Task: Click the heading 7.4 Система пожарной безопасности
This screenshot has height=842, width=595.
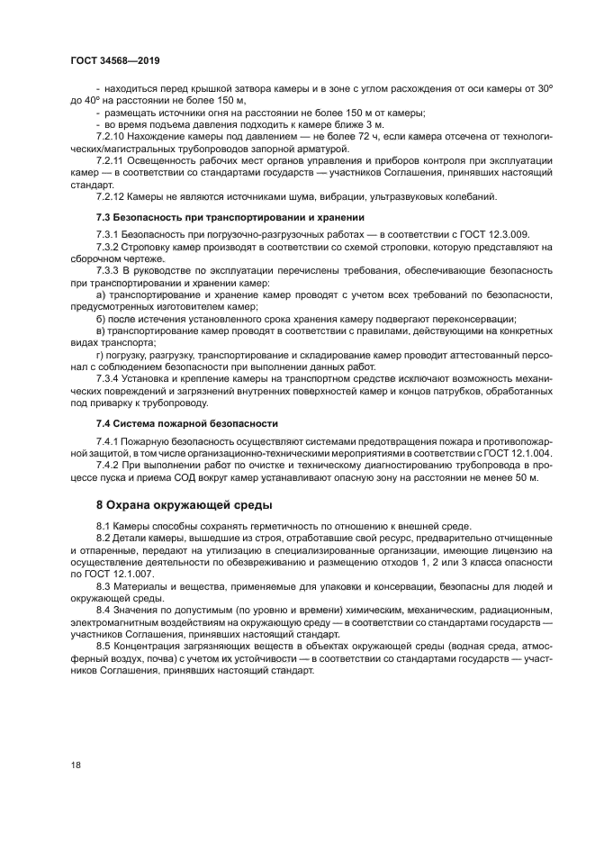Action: click(x=187, y=422)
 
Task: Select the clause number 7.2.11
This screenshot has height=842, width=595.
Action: click(x=111, y=160)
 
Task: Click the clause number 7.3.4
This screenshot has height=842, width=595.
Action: click(x=109, y=378)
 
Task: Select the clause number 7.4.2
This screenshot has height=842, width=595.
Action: click(x=109, y=465)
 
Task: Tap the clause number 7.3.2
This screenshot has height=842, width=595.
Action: click(x=109, y=247)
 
